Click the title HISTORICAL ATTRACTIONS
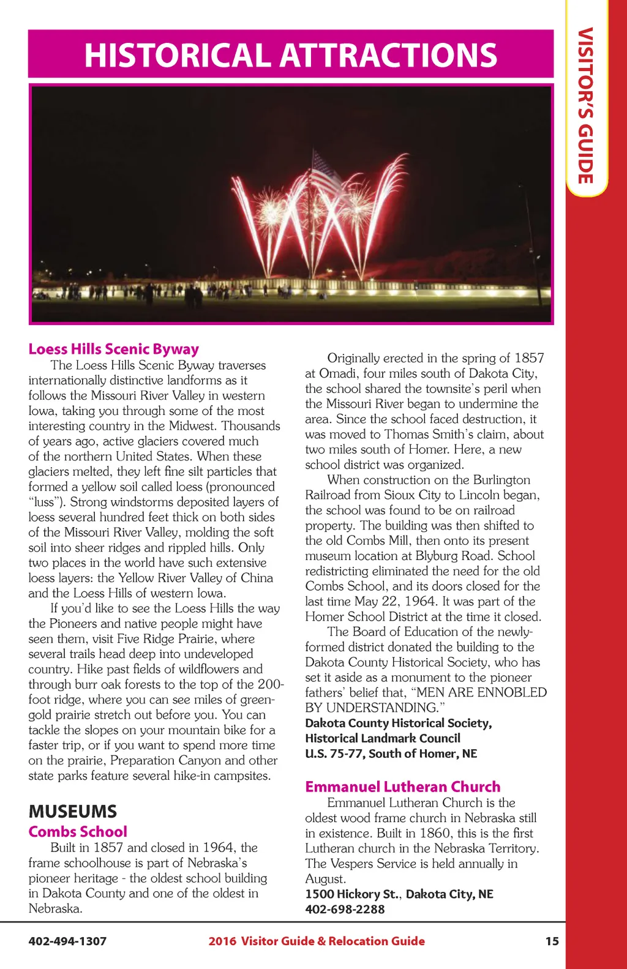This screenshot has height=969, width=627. pyautogui.click(x=291, y=54)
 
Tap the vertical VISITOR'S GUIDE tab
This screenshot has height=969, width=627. pyautogui.click(x=586, y=105)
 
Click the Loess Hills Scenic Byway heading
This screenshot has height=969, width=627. pyautogui.click(x=113, y=349)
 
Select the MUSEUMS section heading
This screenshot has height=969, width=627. pyautogui.click(x=72, y=812)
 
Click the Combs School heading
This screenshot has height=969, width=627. pyautogui.click(x=78, y=832)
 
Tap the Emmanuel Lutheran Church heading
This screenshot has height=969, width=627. pyautogui.click(x=402, y=787)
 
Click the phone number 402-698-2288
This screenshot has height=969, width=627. pyautogui.click(x=345, y=909)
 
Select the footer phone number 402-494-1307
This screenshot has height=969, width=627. pyautogui.click(x=67, y=941)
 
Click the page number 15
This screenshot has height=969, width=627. pyautogui.click(x=552, y=941)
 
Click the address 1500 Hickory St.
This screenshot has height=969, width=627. pyautogui.click(x=351, y=894)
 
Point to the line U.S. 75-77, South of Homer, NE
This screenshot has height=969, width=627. pyautogui.click(x=391, y=754)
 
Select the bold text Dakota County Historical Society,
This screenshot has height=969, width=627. pyautogui.click(x=398, y=723)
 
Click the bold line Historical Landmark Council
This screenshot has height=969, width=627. pyautogui.click(x=383, y=738)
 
